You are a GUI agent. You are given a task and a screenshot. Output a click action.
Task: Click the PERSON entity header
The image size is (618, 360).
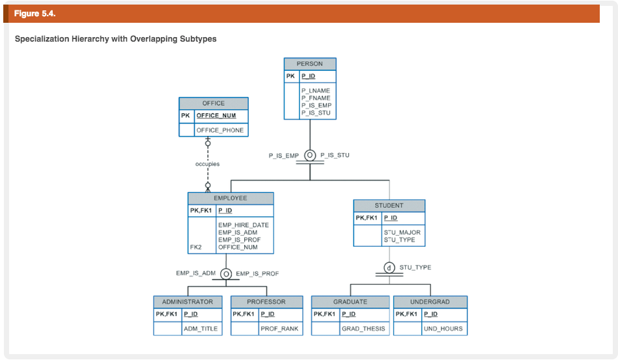pyautogui.click(x=310, y=64)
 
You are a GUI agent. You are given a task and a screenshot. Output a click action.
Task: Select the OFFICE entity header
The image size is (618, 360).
pyautogui.click(x=214, y=104)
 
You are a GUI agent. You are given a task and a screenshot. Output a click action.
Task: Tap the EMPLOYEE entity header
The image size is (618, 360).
pyautogui.click(x=231, y=198)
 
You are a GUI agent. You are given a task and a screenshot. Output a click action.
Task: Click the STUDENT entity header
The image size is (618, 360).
pyautogui.click(x=389, y=205)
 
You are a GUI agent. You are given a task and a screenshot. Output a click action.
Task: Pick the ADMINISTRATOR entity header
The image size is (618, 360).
pyautogui.click(x=188, y=302)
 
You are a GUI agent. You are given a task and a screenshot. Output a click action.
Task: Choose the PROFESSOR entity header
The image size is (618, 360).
pyautogui.click(x=266, y=302)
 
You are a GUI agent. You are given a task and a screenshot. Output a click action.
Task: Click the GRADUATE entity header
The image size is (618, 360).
pyautogui.click(x=350, y=302)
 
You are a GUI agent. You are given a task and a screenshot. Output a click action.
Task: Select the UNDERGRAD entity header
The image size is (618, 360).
pyautogui.click(x=430, y=302)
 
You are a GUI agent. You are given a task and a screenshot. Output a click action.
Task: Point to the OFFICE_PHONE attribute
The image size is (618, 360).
pyautogui.click(x=220, y=130)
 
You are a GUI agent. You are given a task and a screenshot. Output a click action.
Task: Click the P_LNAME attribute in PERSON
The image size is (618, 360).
pyautogui.click(x=316, y=90)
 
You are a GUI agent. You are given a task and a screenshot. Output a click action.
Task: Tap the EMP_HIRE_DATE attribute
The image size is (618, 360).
pyautogui.click(x=244, y=225)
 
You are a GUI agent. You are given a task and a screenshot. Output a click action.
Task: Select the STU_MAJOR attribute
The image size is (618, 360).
pyautogui.click(x=402, y=232)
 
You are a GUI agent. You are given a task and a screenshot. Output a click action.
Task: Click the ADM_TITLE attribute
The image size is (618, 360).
pyautogui.click(x=201, y=329)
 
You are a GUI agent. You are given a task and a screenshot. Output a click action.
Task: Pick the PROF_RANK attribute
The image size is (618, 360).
pyautogui.click(x=279, y=329)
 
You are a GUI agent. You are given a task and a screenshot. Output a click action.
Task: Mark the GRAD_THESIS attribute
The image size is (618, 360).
pyautogui.click(x=363, y=329)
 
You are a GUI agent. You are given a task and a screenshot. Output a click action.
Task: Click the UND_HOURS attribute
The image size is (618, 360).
pyautogui.click(x=443, y=329)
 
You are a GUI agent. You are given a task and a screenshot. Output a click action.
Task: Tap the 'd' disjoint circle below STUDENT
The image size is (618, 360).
pyautogui.click(x=389, y=268)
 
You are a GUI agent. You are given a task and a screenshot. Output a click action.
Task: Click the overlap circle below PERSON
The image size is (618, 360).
pyautogui.click(x=310, y=156)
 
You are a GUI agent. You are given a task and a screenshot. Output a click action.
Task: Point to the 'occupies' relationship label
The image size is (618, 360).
pyautogui.click(x=207, y=164)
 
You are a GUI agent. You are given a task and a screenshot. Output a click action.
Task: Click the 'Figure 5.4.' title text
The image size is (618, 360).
pyautogui.click(x=32, y=14)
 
